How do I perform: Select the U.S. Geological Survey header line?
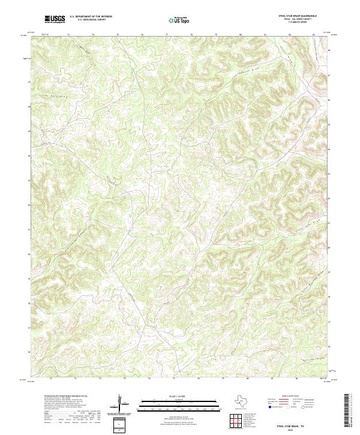tap(91, 20)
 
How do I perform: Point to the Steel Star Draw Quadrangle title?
tap(298, 16)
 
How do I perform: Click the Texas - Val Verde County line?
tap(298, 19)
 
